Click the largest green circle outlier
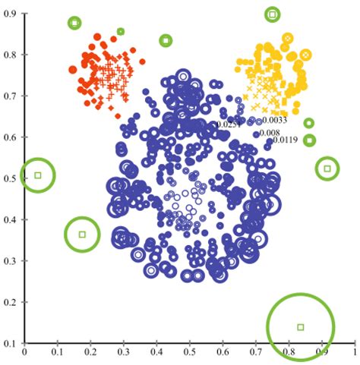(301, 326)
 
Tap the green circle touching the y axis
(38, 175)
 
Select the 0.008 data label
(269, 133)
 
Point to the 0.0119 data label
(285, 140)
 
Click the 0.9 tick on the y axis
(13, 14)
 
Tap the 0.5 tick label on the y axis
(13, 179)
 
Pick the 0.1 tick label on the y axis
(13, 344)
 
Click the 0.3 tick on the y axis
(13, 262)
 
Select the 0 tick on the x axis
(24, 354)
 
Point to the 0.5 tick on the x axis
(190, 354)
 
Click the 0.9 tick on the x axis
(322, 354)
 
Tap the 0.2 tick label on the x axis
(90, 354)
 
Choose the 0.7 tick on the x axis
(256, 354)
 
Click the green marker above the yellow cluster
(273, 14)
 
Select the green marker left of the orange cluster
(74, 23)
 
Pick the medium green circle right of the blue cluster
(327, 168)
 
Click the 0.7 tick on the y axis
(13, 96)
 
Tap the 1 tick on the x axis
(354, 354)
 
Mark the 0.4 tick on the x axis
(156, 354)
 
